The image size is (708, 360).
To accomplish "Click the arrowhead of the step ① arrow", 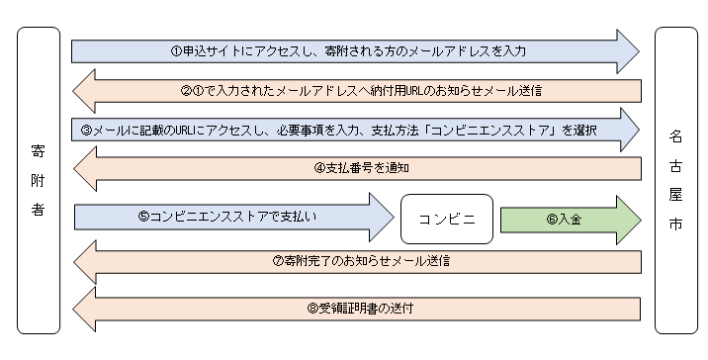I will click(x=627, y=49).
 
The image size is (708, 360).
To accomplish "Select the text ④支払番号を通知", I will click(x=362, y=168).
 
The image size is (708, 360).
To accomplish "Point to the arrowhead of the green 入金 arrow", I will click(x=627, y=219).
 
